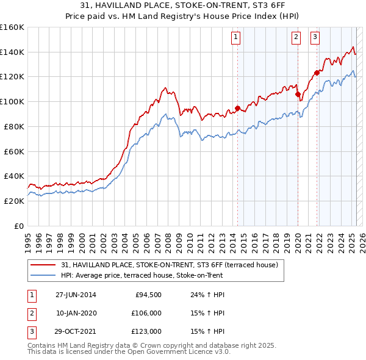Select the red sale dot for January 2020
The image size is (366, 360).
298,95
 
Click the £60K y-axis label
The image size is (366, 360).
14,151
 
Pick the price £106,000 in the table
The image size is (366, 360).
145,313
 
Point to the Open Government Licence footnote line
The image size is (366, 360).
129,352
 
